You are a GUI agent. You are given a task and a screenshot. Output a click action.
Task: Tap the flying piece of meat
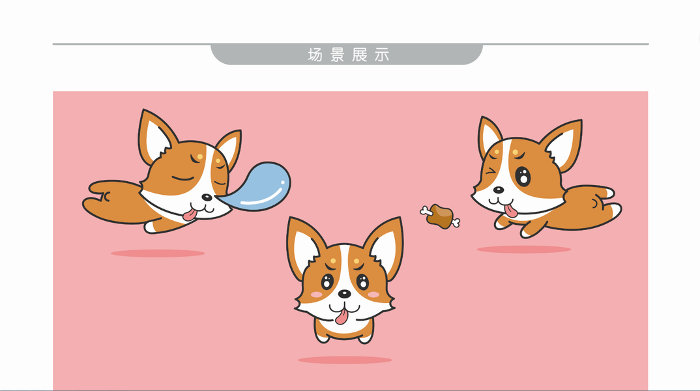pyautogui.click(x=440, y=216)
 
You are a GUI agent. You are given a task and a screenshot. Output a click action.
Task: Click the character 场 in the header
pyautogui.click(x=315, y=55)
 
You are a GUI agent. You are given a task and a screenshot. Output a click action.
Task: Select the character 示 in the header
pyautogui.click(x=382, y=55)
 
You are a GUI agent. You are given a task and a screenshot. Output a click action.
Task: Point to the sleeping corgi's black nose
pyautogui.click(x=207, y=197)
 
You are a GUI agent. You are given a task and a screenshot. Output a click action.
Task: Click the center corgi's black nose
pyautogui.click(x=344, y=294)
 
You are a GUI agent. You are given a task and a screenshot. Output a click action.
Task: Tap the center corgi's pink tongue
pyautogui.click(x=342, y=317)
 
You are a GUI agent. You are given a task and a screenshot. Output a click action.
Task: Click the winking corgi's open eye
pyautogui.click(x=523, y=176)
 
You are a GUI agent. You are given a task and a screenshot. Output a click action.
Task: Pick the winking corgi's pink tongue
pyautogui.click(x=510, y=210)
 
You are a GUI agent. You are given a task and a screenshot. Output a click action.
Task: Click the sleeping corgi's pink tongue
pyautogui.click(x=190, y=214)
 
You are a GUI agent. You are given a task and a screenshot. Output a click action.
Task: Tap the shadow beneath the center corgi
pyautogui.click(x=345, y=360)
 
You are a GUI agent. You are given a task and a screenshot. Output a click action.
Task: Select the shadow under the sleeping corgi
pyautogui.click(x=158, y=253)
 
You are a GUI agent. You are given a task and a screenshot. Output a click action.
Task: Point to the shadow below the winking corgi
pyautogui.click(x=523, y=250)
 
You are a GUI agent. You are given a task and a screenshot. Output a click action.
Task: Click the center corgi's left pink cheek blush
pyautogui.click(x=317, y=295)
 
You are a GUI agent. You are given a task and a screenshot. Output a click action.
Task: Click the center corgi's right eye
pyautogui.click(x=363, y=282)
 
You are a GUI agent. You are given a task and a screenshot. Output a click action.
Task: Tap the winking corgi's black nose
pyautogui.click(x=498, y=190)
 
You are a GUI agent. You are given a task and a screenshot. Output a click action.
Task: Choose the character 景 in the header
pyautogui.click(x=338, y=55)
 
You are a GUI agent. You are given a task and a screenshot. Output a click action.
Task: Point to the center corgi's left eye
pyautogui.click(x=327, y=282)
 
